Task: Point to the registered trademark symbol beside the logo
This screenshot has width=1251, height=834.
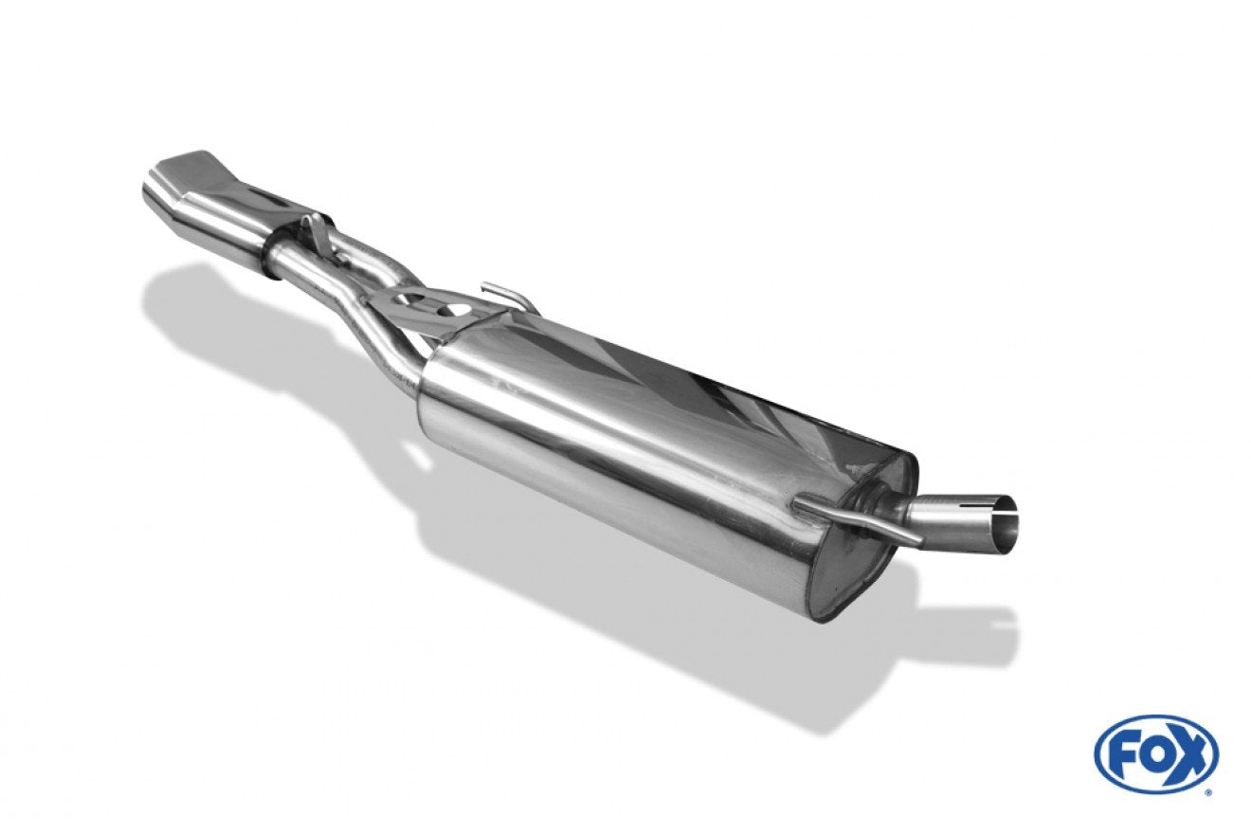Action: [1208, 790]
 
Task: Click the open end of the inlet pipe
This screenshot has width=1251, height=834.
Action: [1007, 521]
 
